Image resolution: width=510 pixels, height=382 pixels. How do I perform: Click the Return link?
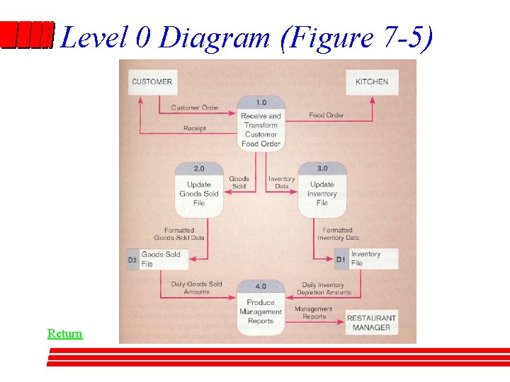coord(64,333)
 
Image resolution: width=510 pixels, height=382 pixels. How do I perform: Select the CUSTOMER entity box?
coord(152,81)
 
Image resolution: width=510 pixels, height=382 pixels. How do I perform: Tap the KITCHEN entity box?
coord(371,81)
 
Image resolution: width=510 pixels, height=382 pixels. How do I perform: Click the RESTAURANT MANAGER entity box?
coord(371,323)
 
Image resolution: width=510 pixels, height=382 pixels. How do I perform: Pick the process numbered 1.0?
coord(261,124)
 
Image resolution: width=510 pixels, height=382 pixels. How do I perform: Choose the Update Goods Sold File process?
coord(199,189)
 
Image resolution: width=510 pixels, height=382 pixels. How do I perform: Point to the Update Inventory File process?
coord(322,189)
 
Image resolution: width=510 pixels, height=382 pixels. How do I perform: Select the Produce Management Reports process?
coord(261,306)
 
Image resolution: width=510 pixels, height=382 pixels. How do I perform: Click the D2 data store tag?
coord(132,260)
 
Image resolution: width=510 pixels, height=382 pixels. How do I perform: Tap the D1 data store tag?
coord(341,260)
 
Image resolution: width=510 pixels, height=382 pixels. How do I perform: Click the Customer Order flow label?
coord(195,108)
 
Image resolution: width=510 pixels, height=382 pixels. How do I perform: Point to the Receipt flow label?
coord(195,129)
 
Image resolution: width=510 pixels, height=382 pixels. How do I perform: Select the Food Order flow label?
coord(327,115)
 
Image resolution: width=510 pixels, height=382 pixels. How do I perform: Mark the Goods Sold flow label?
coord(239,183)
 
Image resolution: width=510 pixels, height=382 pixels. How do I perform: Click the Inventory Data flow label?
coord(281,183)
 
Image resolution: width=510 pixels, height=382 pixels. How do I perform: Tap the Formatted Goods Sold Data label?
coord(179,234)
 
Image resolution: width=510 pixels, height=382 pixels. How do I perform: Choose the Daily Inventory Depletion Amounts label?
coord(323,289)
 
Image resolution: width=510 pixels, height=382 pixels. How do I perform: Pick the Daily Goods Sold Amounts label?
coord(196,288)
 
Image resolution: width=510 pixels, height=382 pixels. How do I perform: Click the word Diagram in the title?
coord(215,37)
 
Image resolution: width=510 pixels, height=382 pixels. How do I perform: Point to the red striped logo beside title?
coord(27,35)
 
